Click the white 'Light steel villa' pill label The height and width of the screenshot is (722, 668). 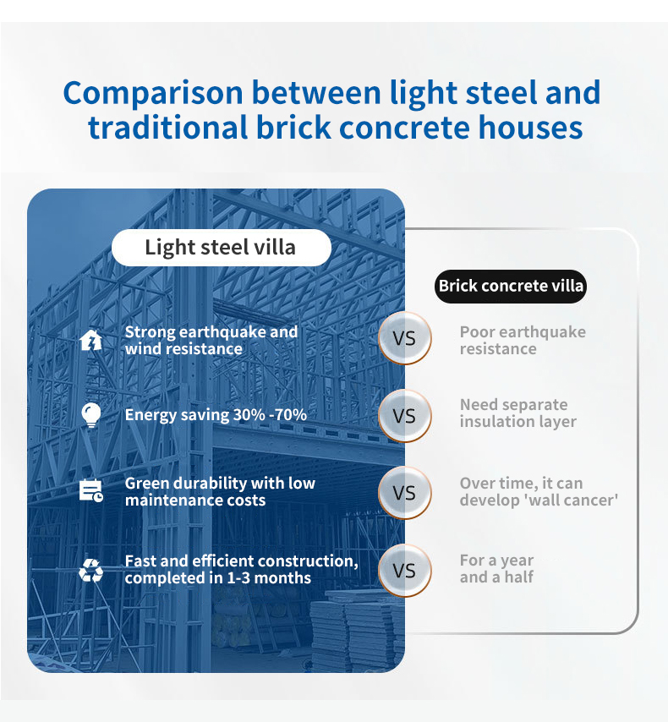tap(222, 247)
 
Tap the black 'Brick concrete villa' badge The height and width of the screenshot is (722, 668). tap(511, 286)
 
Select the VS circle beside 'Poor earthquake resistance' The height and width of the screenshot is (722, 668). tap(404, 338)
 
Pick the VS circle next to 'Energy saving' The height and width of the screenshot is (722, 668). tap(404, 416)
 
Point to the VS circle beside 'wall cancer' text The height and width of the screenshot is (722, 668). tap(404, 493)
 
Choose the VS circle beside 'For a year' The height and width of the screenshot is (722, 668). tap(404, 571)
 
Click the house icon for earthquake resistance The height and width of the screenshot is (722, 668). tap(90, 340)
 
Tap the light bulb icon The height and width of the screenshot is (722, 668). tap(90, 415)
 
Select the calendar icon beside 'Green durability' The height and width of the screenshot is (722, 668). tap(90, 491)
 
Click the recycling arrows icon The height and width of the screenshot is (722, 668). tap(90, 570)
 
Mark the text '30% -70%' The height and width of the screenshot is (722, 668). tap(270, 415)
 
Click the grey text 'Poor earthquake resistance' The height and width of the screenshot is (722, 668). tap(523, 340)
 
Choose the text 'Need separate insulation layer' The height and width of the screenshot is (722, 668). tap(517, 413)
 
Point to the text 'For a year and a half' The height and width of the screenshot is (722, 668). tap(496, 569)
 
